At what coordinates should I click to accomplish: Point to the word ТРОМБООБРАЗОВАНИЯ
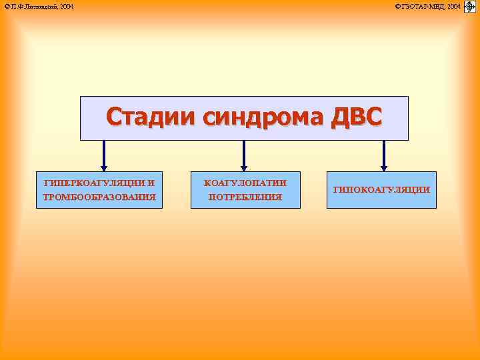(x=99, y=197)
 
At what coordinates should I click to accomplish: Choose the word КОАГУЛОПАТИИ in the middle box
(x=245, y=182)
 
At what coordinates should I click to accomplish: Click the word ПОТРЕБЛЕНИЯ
(x=245, y=197)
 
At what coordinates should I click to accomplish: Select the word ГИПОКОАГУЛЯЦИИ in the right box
(x=381, y=190)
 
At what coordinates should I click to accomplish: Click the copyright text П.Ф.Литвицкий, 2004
(x=39, y=7)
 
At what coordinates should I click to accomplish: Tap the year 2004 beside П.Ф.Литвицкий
(x=65, y=7)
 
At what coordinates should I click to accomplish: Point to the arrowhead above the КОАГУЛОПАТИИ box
(x=243, y=167)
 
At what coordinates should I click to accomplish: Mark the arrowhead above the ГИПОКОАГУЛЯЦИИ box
(x=383, y=167)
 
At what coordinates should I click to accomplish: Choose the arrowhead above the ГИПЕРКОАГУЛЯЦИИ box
(x=103, y=167)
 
